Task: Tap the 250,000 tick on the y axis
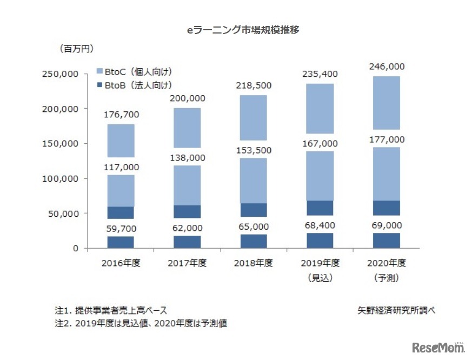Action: [x=60, y=74]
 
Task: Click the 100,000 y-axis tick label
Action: [x=60, y=179]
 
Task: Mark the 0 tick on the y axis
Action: [x=76, y=249]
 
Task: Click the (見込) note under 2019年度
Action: [x=320, y=278]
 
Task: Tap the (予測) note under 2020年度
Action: [x=385, y=278]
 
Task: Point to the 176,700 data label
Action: [x=121, y=115]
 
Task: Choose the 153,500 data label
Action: [x=253, y=150]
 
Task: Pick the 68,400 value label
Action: [x=320, y=225]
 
